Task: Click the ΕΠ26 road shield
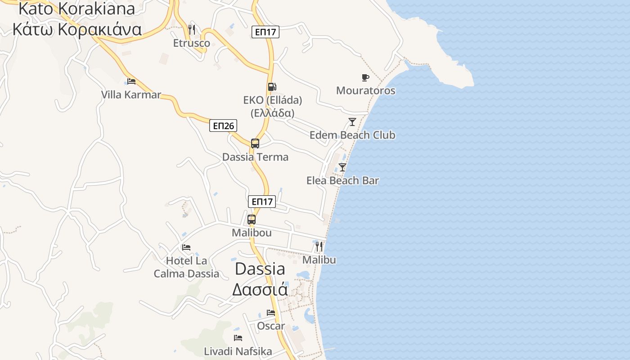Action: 223,126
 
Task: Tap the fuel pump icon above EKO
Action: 272,87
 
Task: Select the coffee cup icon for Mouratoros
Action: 365,77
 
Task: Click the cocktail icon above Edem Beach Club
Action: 352,122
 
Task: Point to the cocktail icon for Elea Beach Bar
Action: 342,167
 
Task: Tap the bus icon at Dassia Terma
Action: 255,144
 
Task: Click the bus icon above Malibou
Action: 252,220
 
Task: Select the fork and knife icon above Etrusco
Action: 192,30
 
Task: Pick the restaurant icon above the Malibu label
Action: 319,246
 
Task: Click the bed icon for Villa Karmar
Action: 131,81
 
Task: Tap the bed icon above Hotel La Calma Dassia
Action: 186,247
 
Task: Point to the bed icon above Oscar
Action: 271,312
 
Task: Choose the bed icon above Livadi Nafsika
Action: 238,337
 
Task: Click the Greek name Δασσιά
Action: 260,289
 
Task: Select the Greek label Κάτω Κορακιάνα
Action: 77,29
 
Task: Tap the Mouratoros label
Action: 366,90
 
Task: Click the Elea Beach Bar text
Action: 342,180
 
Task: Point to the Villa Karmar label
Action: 131,95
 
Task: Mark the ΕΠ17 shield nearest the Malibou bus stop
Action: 262,202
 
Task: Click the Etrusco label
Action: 192,43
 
